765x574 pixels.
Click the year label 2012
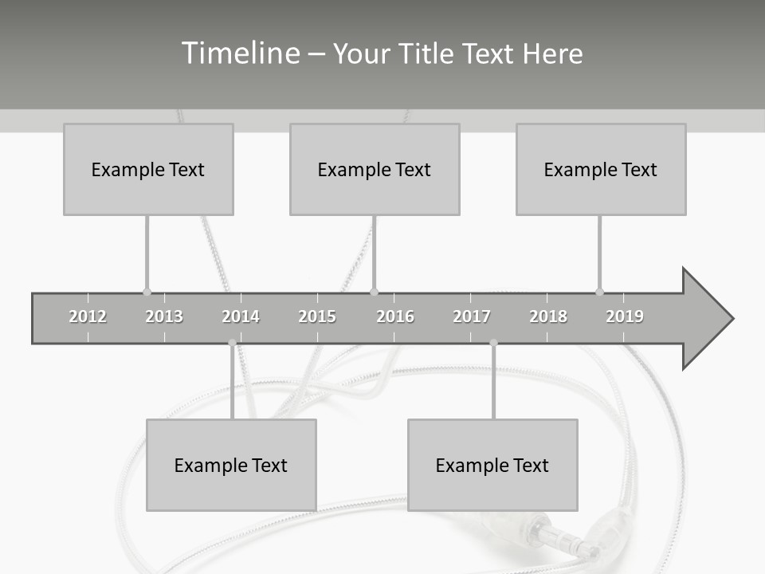click(x=88, y=316)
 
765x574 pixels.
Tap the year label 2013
click(x=164, y=316)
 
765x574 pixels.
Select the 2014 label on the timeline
click(x=241, y=316)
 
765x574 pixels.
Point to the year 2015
click(x=317, y=316)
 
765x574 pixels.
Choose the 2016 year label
click(x=395, y=316)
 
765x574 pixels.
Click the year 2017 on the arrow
click(x=472, y=316)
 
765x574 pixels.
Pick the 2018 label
click(x=548, y=316)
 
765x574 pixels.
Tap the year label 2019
click(x=625, y=316)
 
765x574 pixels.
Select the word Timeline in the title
click(x=240, y=53)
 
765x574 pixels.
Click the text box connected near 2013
click(x=148, y=169)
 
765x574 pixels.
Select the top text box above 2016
click(x=375, y=169)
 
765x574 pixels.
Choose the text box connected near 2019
click(x=601, y=169)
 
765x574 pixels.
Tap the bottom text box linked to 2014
click(x=231, y=465)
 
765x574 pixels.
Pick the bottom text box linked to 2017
click(x=492, y=465)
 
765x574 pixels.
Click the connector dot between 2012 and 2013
click(x=147, y=292)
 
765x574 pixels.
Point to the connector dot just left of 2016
click(x=375, y=292)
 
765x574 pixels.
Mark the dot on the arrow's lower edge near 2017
click(x=493, y=343)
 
